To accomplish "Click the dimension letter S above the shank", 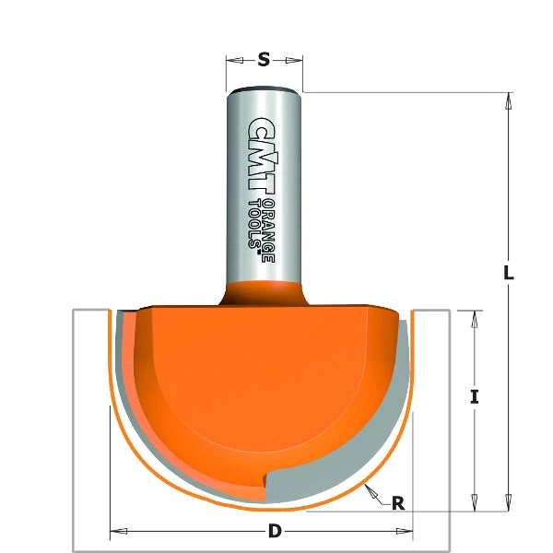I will (264, 60).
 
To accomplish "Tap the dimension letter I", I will (474, 397).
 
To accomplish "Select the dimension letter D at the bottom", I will (274, 532).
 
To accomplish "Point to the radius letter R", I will (398, 503).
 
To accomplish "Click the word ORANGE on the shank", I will (268, 230).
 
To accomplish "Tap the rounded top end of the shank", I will (264, 90).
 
